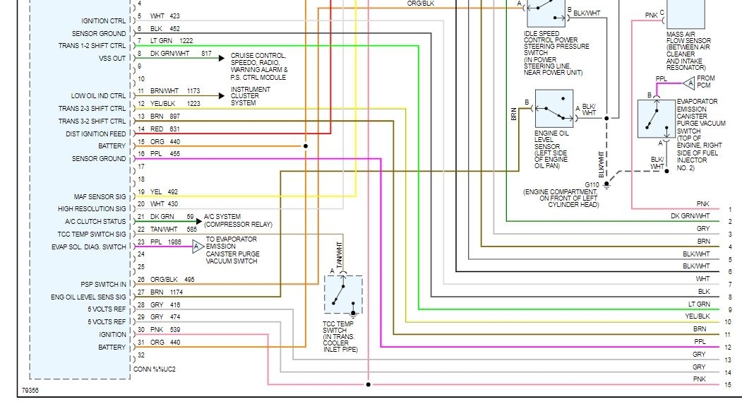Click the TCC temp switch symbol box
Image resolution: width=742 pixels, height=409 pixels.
(343, 294)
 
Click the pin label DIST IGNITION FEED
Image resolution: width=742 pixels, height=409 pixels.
(96, 134)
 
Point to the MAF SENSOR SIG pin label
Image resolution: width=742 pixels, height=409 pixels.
(100, 196)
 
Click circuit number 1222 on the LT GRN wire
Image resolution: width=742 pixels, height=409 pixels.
(186, 41)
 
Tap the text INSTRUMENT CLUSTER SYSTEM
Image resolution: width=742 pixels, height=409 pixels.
(251, 97)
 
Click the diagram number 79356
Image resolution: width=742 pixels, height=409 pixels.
(30, 389)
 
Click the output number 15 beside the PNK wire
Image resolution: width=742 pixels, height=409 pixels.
(729, 385)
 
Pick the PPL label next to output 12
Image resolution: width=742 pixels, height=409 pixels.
(700, 342)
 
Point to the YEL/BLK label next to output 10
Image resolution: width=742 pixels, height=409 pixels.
(697, 316)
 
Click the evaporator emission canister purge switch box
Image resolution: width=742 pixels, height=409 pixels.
(656, 119)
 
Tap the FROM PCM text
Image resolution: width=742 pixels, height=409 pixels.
(706, 82)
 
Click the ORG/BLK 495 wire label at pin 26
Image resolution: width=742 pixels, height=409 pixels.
(172, 280)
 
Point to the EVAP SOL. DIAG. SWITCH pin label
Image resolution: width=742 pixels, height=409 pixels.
(89, 247)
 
